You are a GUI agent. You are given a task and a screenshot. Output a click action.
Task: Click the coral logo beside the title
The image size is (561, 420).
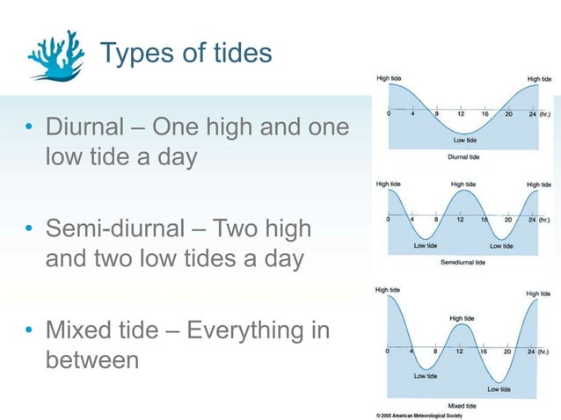[x=56, y=54]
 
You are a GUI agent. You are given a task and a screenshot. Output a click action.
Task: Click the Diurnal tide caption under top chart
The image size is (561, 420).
[x=463, y=157]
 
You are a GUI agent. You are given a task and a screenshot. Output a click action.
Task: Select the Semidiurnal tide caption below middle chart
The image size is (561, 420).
[x=463, y=262]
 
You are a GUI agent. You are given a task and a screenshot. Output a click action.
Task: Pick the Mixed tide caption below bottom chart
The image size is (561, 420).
[x=463, y=405]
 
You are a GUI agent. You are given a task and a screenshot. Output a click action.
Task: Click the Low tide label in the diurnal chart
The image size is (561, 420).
[x=465, y=139]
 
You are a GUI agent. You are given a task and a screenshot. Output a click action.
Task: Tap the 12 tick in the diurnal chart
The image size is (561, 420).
[x=461, y=114]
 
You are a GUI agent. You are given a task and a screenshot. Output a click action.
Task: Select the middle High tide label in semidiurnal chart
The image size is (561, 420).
[x=463, y=184]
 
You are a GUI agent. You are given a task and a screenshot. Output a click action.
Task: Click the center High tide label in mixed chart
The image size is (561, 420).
[x=463, y=317]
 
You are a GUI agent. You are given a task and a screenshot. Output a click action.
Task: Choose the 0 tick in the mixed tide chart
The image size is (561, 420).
[x=389, y=351]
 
